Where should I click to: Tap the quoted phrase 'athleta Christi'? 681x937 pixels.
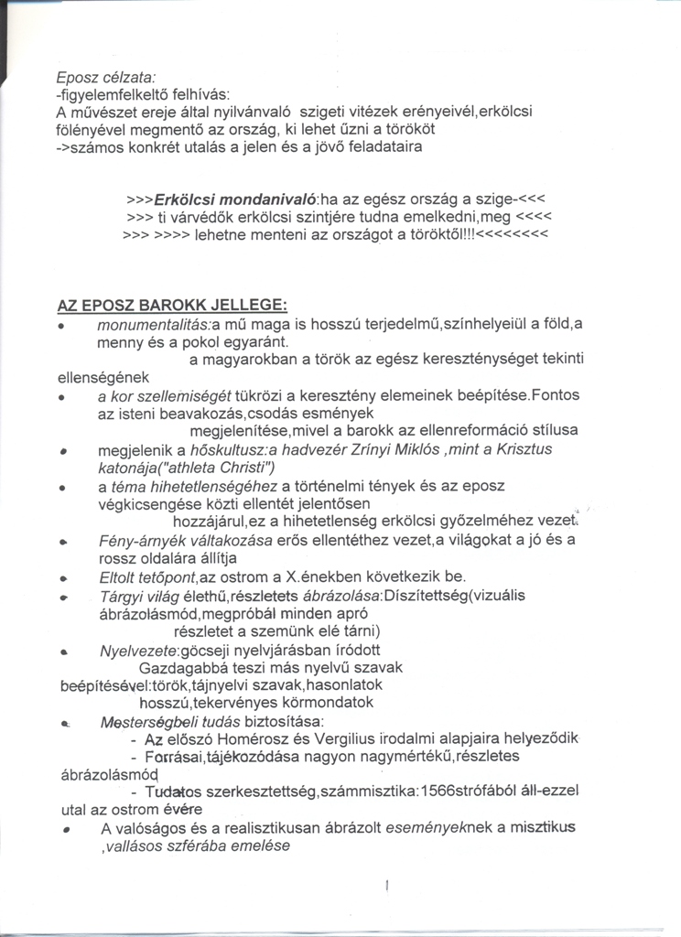(205, 468)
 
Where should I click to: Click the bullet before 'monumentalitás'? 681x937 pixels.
(60, 327)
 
